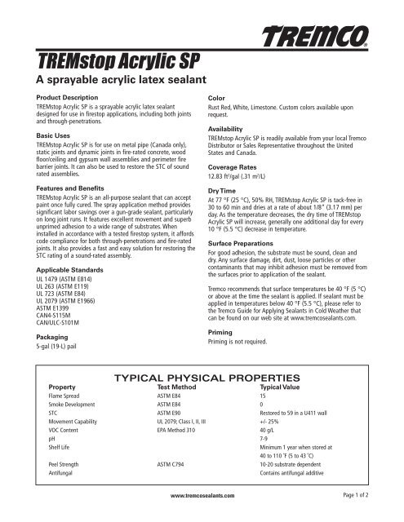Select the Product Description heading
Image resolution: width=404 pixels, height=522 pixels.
coord(68,106)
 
